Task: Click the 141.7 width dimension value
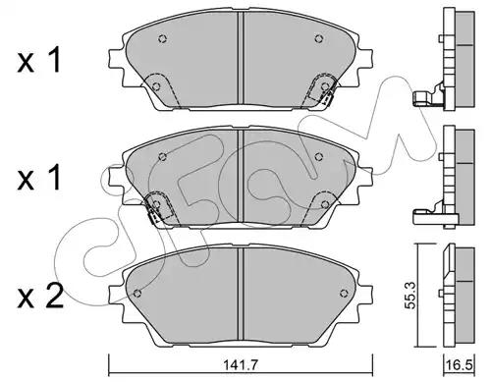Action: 241,364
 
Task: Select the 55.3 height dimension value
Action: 410,295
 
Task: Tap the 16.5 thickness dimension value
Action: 460,365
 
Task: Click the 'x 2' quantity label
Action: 40,297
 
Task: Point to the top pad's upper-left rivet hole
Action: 163,38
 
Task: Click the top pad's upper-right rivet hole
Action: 318,38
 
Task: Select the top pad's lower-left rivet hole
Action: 156,86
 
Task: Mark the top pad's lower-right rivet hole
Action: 325,86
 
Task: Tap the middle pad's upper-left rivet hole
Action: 163,157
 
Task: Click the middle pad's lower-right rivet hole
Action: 325,204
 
